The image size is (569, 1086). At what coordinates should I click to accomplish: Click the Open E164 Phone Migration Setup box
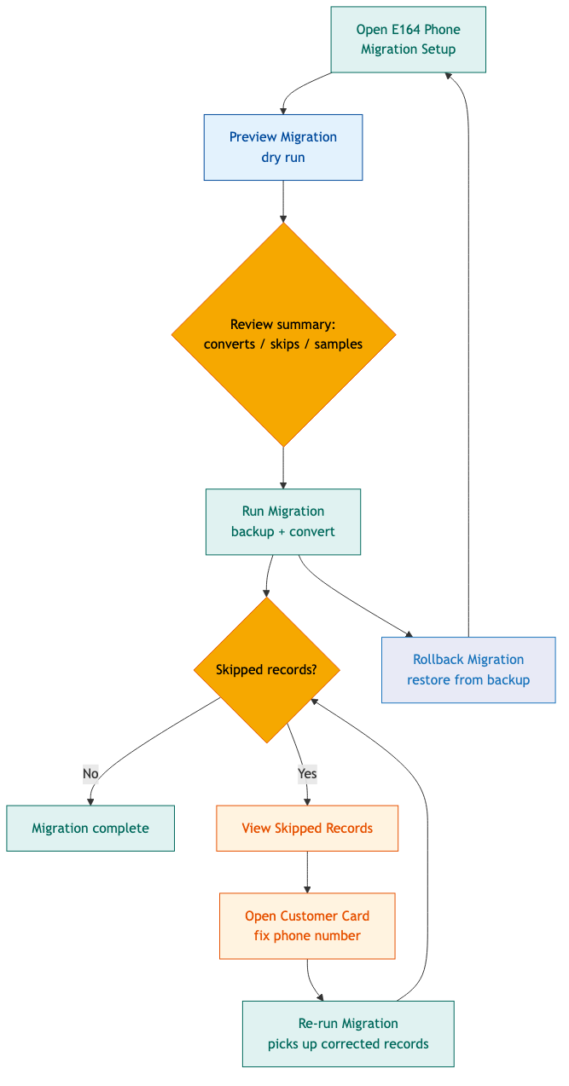pyautogui.click(x=408, y=39)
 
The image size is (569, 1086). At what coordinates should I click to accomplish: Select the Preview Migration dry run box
pyautogui.click(x=282, y=147)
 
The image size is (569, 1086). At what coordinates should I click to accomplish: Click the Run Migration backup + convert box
pyautogui.click(x=282, y=522)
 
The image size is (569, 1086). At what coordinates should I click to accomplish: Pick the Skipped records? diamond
pyautogui.click(x=266, y=669)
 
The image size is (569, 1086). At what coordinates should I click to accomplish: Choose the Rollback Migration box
pyautogui.click(x=467, y=670)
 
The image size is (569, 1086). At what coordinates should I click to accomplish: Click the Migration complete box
pyautogui.click(x=90, y=828)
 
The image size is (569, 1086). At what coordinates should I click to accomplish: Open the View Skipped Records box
pyautogui.click(x=306, y=828)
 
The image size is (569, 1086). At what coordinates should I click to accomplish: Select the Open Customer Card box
pyautogui.click(x=306, y=926)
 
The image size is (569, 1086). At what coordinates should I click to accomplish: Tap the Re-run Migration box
pyautogui.click(x=347, y=1033)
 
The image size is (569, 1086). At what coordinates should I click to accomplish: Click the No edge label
pyautogui.click(x=90, y=774)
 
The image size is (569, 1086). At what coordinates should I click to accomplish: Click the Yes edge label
pyautogui.click(x=307, y=774)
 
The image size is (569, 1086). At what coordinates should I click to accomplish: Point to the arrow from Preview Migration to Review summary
pyautogui.click(x=282, y=201)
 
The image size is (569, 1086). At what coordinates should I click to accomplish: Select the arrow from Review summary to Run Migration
pyautogui.click(x=282, y=467)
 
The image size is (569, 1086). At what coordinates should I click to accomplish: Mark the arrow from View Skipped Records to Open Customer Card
pyautogui.click(x=306, y=871)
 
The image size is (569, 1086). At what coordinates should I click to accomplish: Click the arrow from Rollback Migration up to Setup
pyautogui.click(x=468, y=341)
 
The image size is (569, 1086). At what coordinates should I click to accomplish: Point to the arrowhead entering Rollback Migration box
pyautogui.click(x=409, y=634)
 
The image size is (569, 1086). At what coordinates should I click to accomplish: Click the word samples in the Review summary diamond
pyautogui.click(x=339, y=344)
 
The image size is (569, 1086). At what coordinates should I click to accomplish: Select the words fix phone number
pyautogui.click(x=307, y=936)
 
